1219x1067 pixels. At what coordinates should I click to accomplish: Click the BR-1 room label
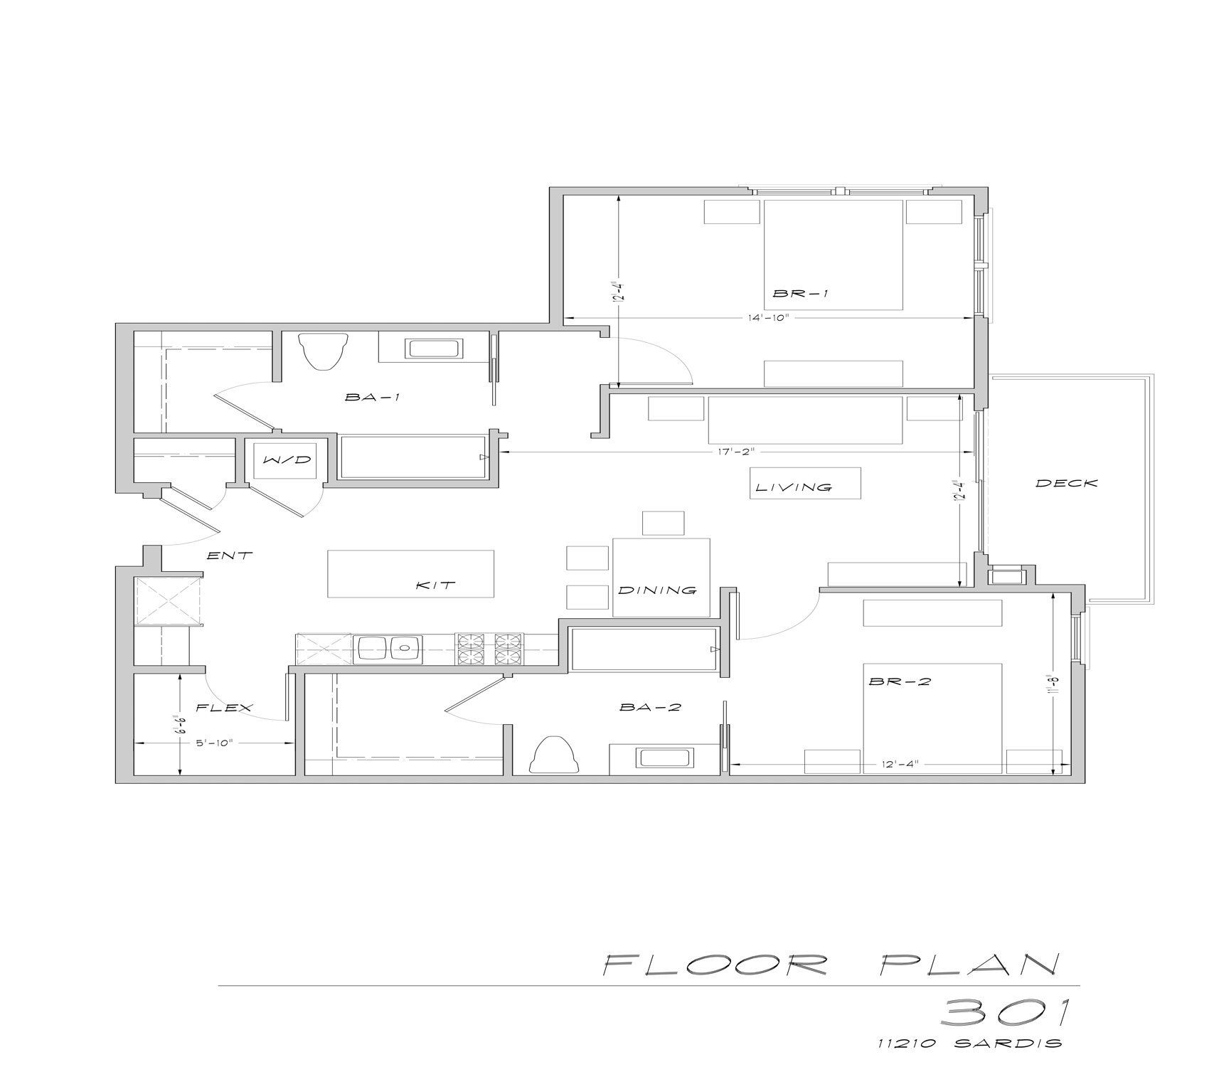pyautogui.click(x=800, y=293)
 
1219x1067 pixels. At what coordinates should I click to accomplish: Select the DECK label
pyautogui.click(x=1066, y=483)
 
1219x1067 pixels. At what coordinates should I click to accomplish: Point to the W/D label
pyautogui.click(x=287, y=460)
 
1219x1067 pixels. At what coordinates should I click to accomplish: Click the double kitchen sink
pyautogui.click(x=388, y=649)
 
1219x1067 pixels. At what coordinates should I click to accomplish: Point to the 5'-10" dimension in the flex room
pyautogui.click(x=214, y=743)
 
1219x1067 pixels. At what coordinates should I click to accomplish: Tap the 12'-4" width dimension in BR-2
pyautogui.click(x=900, y=764)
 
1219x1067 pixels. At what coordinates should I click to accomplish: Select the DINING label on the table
pyautogui.click(x=656, y=590)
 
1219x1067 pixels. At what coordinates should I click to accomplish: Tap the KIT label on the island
pyautogui.click(x=435, y=585)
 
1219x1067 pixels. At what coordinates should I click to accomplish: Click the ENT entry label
pyautogui.click(x=229, y=556)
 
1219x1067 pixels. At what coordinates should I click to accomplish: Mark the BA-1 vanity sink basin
pyautogui.click(x=434, y=349)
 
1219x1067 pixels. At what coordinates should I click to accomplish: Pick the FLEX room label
pyautogui.click(x=224, y=707)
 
